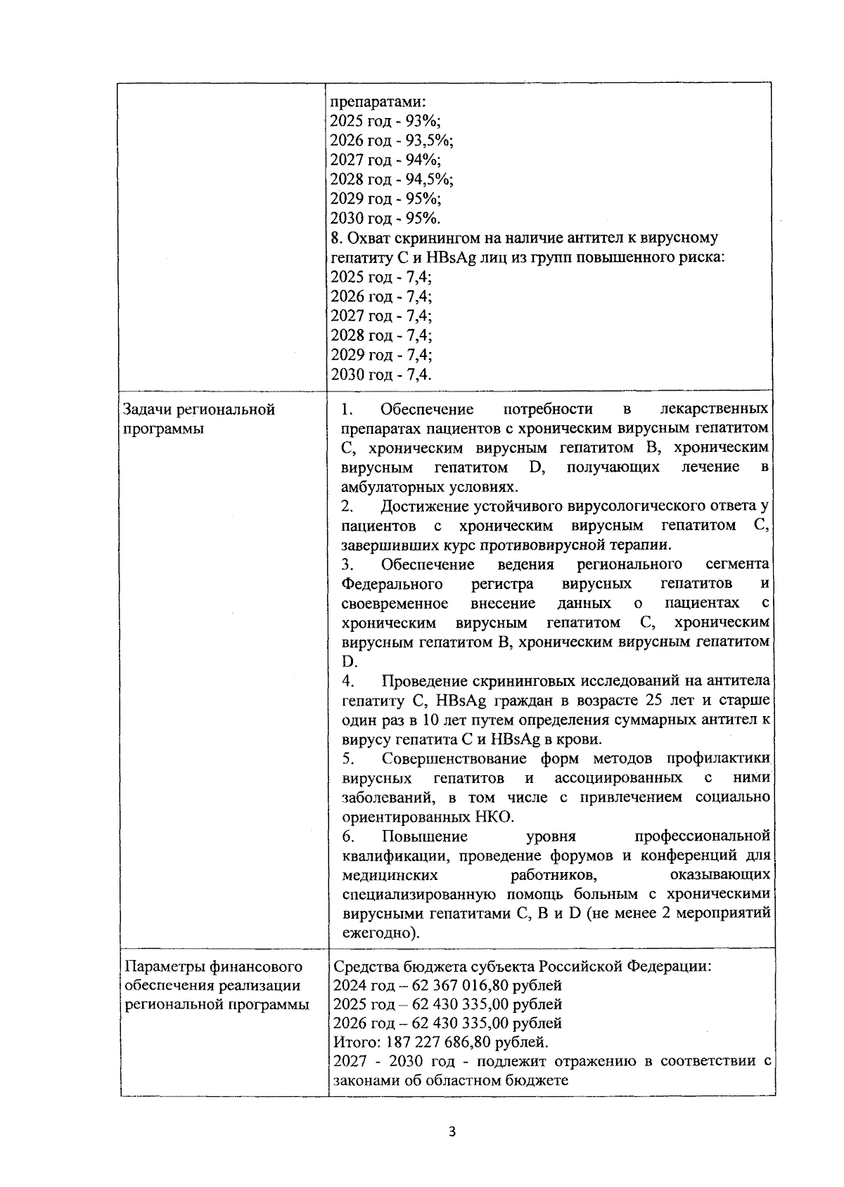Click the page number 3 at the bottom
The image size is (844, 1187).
[452, 1132]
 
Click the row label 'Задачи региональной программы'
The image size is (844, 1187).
[199, 419]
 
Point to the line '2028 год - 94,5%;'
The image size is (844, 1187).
[392, 179]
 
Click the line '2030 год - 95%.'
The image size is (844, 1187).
[385, 218]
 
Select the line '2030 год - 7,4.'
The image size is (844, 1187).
[381, 374]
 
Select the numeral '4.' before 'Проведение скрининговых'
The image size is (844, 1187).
[347, 681]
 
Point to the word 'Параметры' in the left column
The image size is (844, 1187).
[162, 966]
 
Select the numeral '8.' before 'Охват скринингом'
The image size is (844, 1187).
[336, 238]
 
